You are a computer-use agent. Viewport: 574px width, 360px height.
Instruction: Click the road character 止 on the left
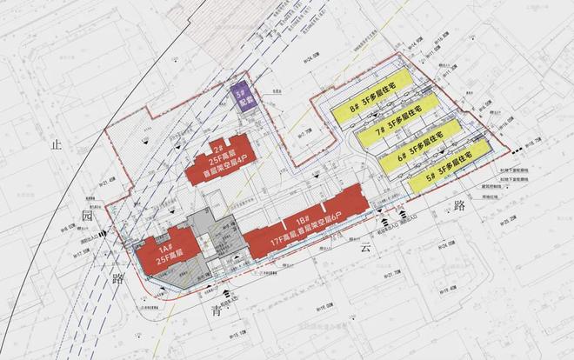pyautogui.click(x=58, y=143)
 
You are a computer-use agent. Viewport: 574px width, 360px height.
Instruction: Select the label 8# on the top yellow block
pyautogui.click(x=355, y=111)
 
